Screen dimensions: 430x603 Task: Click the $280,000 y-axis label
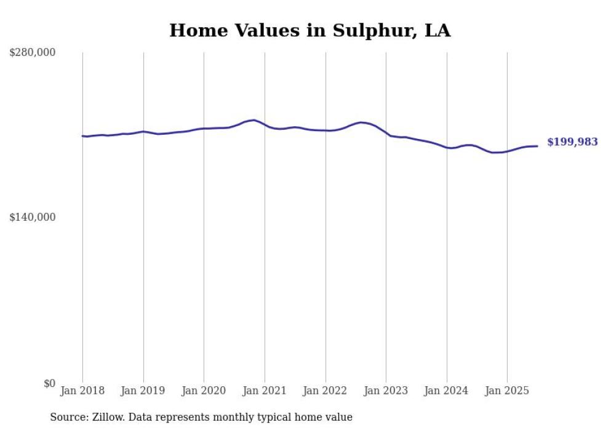tap(33, 53)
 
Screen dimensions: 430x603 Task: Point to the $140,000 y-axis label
tap(33, 217)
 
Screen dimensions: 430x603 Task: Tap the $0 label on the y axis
tap(49, 383)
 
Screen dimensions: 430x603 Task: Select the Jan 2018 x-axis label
tap(82, 391)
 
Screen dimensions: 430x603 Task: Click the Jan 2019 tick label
tap(143, 391)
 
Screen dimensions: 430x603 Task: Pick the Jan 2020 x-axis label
tap(204, 391)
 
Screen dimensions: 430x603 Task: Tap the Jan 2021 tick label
tap(265, 391)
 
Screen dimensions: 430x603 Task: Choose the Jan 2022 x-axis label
tap(325, 391)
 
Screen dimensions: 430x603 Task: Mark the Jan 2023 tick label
tap(386, 391)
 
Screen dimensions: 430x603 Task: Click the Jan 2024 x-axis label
tap(447, 391)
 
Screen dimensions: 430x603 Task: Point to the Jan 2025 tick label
tap(507, 391)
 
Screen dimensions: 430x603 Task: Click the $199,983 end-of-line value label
tap(572, 142)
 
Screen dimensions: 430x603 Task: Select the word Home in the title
tap(194, 31)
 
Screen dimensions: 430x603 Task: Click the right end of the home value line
tap(538, 146)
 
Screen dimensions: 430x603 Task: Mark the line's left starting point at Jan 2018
tap(82, 136)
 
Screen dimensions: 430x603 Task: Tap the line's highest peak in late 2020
tap(254, 120)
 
